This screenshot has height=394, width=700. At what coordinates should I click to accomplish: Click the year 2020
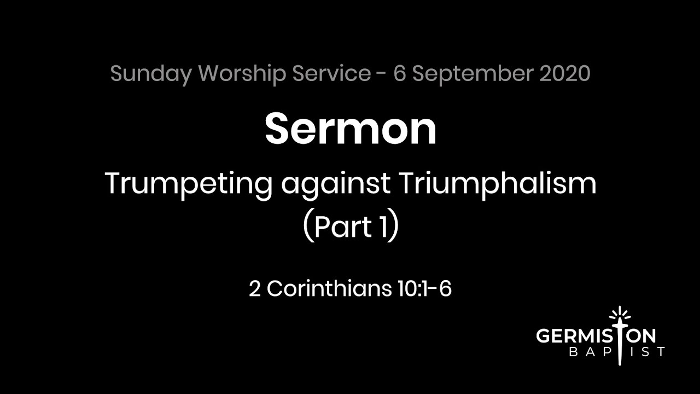point(565,73)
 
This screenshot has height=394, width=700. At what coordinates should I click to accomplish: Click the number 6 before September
point(399,73)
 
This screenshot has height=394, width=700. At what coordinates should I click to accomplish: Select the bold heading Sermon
point(351,129)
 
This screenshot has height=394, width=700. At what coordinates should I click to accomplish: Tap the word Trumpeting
point(188,184)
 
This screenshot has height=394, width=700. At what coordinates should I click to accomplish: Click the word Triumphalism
point(497,184)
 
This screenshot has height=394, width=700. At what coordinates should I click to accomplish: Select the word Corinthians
point(330,289)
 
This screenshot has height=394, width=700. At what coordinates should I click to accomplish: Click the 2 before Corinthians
point(255,289)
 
